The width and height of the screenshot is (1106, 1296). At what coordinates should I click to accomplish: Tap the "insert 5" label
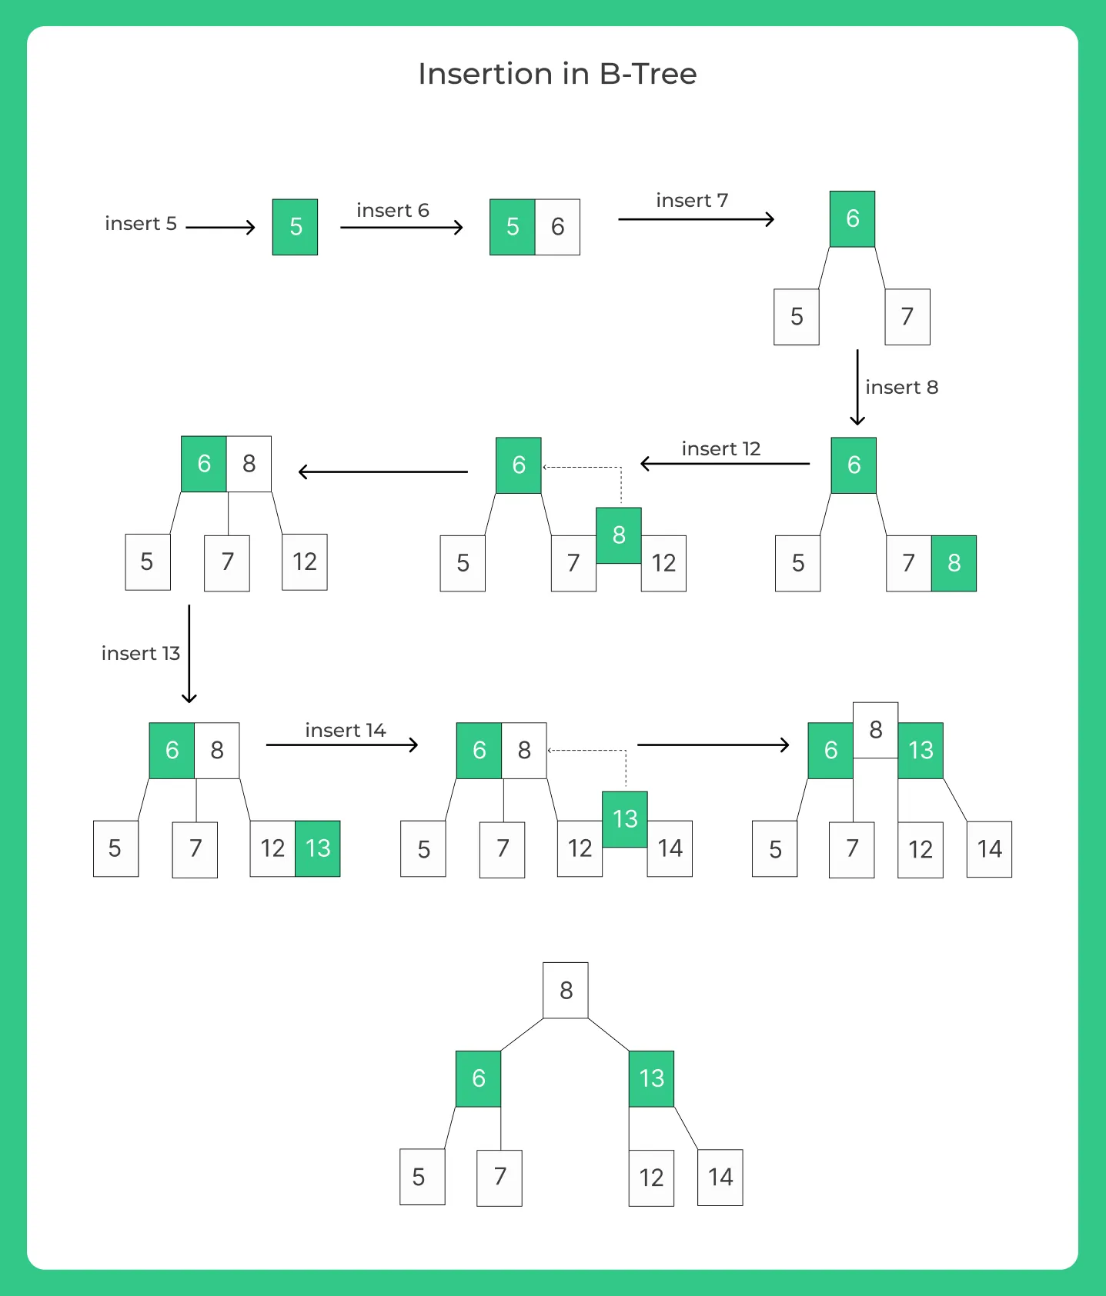coord(141,224)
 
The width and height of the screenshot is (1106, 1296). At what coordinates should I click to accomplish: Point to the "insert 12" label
coord(721,448)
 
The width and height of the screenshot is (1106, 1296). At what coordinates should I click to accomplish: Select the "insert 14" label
coord(346,730)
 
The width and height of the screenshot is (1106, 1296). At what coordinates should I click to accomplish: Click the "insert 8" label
coord(902,387)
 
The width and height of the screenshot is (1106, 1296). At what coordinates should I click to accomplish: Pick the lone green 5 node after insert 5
coord(295,227)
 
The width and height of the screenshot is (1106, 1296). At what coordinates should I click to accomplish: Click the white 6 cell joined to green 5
coord(557,227)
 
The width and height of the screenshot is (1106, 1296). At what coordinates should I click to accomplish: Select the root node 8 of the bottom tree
coord(566,991)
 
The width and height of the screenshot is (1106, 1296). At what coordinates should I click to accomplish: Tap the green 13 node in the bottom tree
coord(651,1079)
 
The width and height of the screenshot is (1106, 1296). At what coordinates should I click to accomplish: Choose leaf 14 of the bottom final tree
coord(720,1178)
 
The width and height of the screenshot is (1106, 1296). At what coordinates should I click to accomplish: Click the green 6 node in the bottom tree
coord(478,1079)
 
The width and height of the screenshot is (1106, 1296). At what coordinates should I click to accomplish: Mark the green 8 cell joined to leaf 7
coord(954,564)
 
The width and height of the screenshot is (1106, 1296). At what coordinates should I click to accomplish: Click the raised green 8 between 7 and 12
coord(619,535)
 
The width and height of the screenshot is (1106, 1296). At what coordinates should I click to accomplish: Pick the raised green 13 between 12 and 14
coord(625,819)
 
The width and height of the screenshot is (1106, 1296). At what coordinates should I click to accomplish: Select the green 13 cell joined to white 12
coord(318,849)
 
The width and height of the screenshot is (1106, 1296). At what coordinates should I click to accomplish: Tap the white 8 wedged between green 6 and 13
coord(875,731)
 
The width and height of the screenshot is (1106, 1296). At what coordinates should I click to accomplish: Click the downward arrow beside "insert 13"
coord(189,654)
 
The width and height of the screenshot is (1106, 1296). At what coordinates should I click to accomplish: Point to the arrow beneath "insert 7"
coord(697,219)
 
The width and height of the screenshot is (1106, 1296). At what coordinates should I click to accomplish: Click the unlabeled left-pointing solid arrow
coord(383,471)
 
